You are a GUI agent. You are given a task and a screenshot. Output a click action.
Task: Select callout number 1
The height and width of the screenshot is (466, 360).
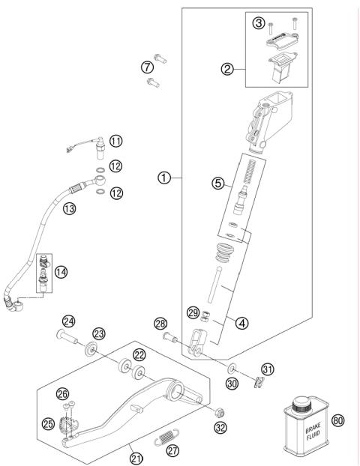click(166, 178)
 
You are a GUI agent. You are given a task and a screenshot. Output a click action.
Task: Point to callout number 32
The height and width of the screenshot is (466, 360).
click(220, 429)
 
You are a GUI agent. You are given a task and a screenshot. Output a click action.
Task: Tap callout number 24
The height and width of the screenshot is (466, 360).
click(68, 322)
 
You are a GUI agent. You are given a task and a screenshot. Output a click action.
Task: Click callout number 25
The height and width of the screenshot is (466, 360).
click(49, 425)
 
